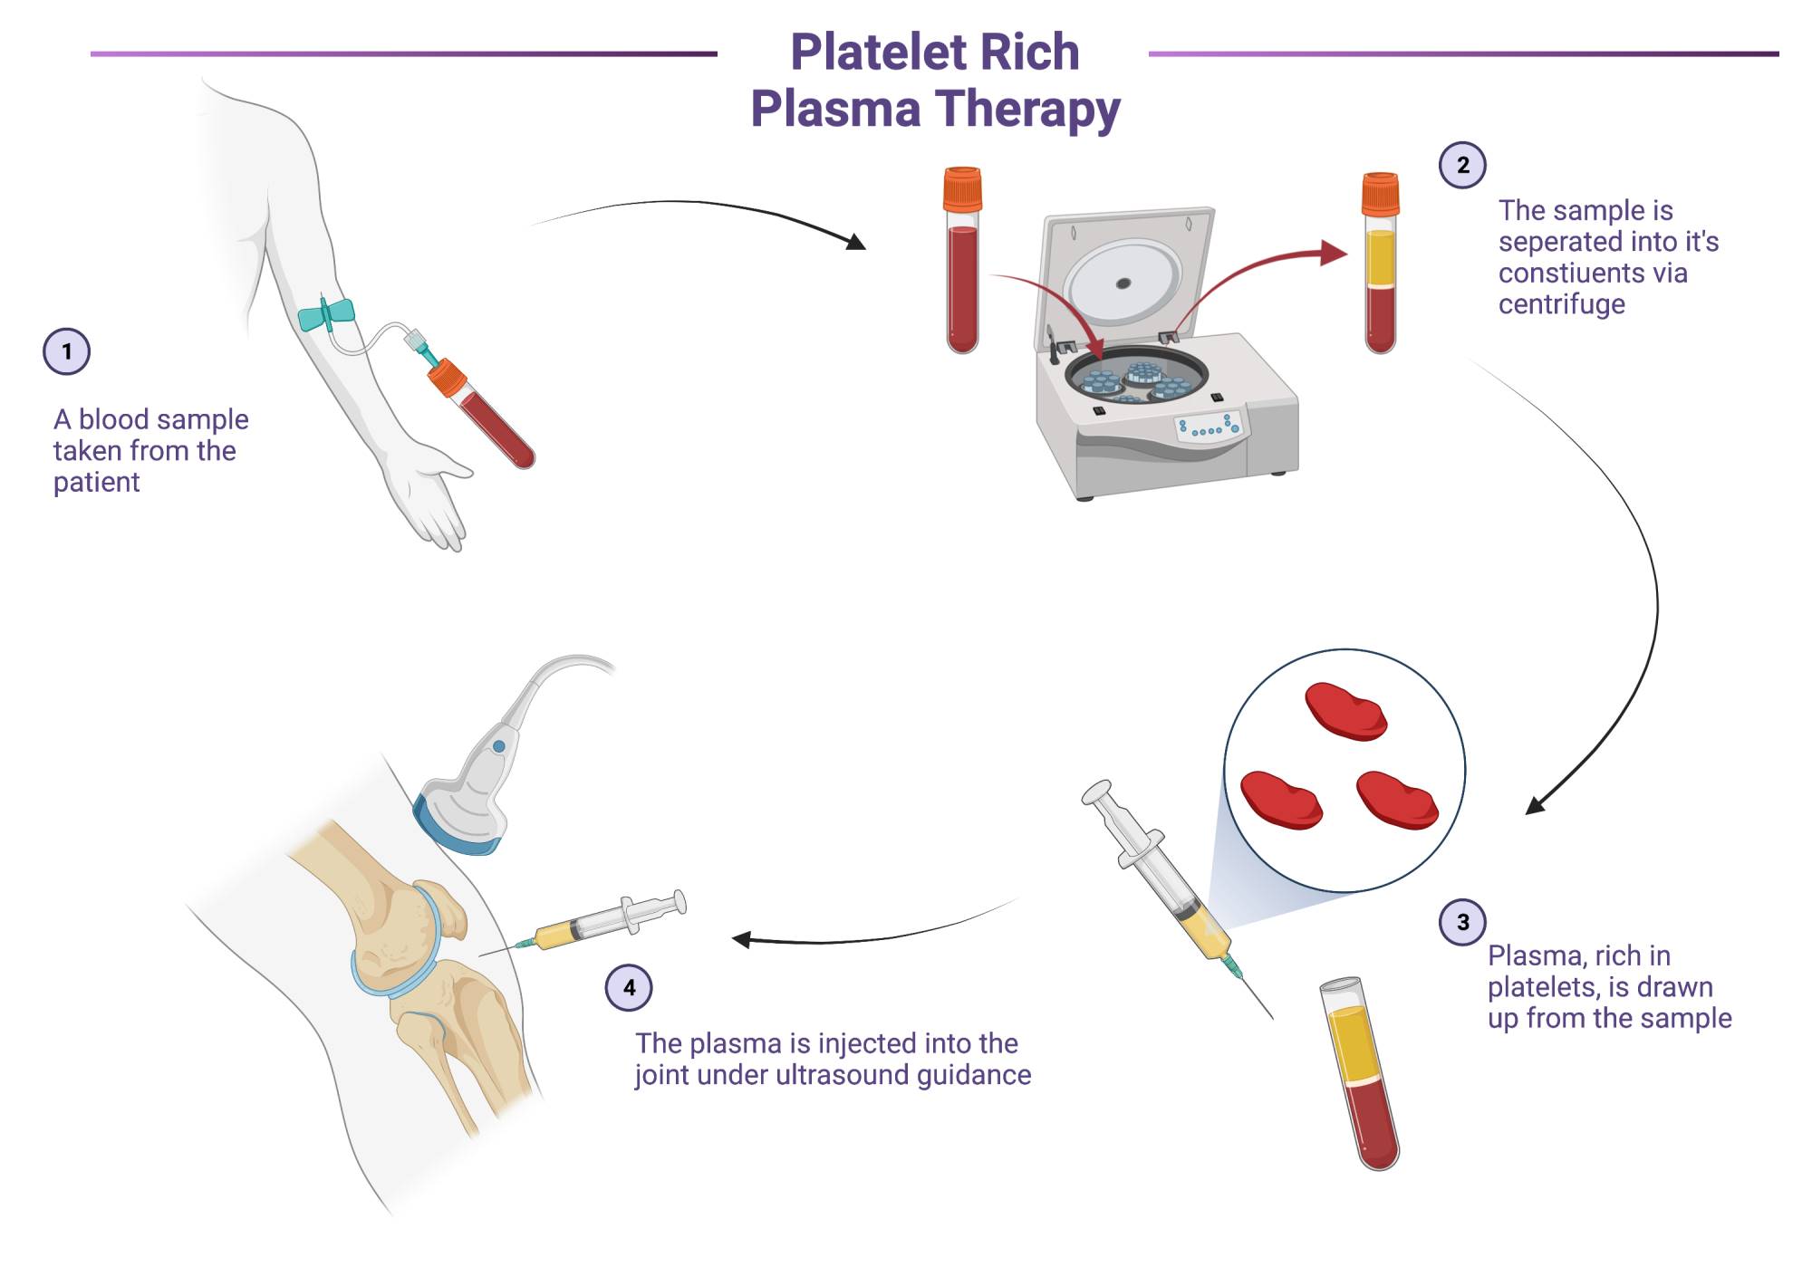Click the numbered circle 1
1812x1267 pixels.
(66, 351)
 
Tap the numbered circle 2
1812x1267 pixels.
(1462, 165)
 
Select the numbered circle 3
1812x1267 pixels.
(1462, 922)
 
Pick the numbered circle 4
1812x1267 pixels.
(629, 987)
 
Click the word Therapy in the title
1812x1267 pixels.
(1027, 109)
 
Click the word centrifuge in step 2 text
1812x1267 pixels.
(1561, 304)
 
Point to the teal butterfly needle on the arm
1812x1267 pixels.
(326, 313)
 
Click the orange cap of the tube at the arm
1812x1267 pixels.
(446, 378)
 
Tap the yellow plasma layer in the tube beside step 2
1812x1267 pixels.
(1380, 258)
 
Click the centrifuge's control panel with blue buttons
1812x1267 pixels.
(1210, 427)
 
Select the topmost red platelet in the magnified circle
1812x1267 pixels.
(1345, 711)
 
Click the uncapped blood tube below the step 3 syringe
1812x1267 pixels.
(1359, 1073)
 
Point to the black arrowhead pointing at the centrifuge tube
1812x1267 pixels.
(855, 242)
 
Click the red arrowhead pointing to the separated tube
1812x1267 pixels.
(1333, 253)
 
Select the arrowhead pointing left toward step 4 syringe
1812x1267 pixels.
(741, 940)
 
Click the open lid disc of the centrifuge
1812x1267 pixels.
(1123, 282)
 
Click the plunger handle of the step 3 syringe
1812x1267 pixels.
(1099, 794)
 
